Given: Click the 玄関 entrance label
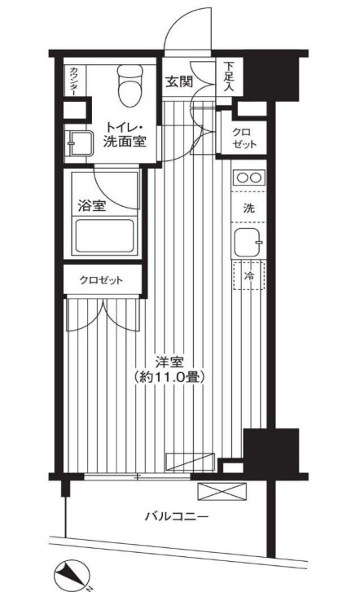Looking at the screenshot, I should pos(179,81).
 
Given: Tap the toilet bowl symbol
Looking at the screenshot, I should pos(128,86).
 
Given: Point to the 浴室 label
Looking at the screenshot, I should pos(90,205).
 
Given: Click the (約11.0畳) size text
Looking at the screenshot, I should pos(169,377).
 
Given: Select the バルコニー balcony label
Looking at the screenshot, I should pos(177,516).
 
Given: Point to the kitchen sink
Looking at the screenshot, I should pos(248,242).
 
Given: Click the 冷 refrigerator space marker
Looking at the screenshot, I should pos(249,276).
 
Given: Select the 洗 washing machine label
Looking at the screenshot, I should pos(248,208).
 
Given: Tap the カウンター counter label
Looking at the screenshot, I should pos(72,82).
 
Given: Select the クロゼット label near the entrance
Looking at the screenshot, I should pos(243,136).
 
